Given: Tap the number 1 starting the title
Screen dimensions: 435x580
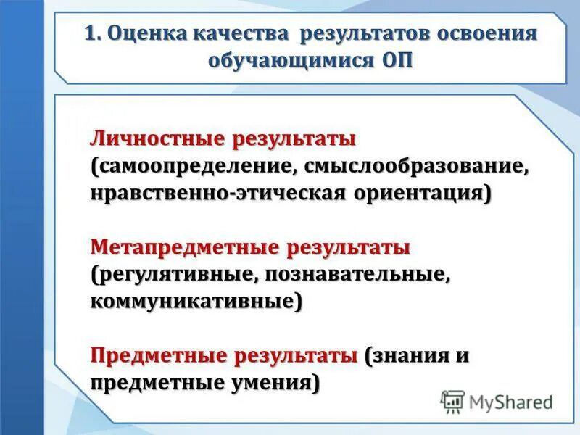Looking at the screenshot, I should [x=91, y=35].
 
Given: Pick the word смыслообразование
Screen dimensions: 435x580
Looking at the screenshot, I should [x=418, y=166].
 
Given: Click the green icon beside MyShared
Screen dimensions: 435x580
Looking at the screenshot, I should [x=453, y=401].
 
